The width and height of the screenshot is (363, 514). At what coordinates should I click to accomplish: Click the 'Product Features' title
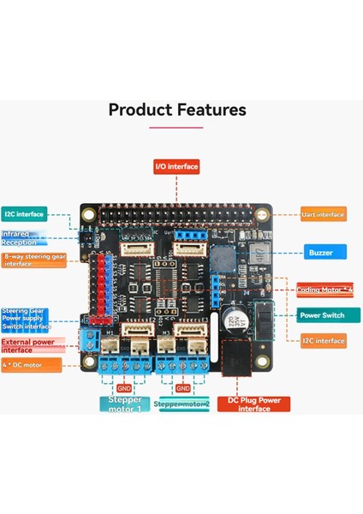(x=177, y=110)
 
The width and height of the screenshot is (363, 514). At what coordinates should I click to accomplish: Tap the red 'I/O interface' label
(x=177, y=166)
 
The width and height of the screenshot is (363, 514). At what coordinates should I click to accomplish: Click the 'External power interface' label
(x=28, y=345)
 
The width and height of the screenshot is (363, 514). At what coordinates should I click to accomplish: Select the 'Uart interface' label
(x=324, y=214)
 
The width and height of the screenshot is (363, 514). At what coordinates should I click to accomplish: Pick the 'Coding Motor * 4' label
(x=324, y=290)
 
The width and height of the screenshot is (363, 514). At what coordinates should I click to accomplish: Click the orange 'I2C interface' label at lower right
(x=324, y=341)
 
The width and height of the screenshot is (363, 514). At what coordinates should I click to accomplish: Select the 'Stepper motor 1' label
(x=125, y=403)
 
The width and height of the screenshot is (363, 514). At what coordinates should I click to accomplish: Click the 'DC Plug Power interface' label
(x=253, y=403)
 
